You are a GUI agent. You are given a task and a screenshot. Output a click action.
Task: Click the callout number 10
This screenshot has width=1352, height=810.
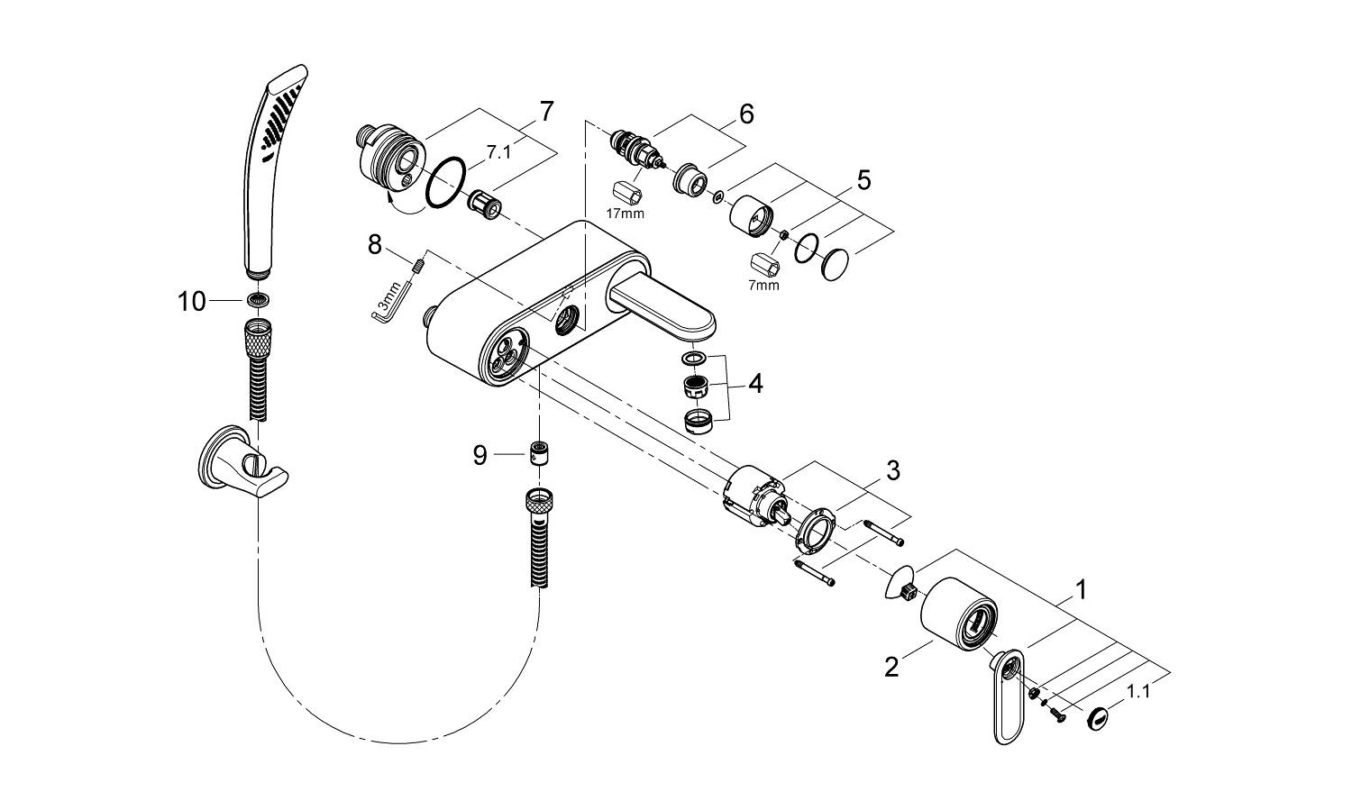point(192,302)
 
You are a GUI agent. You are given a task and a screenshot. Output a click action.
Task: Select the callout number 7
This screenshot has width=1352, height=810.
point(545,111)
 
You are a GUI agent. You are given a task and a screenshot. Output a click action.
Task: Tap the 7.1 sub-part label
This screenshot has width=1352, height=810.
point(498,153)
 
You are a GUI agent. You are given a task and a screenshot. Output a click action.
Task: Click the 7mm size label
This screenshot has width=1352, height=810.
point(763,286)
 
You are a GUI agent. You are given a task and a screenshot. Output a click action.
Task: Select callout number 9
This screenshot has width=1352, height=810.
point(480,456)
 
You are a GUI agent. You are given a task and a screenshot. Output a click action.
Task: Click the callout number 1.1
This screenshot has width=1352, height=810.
point(1139,691)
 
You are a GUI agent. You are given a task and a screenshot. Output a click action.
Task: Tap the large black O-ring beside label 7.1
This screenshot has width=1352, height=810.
point(444,184)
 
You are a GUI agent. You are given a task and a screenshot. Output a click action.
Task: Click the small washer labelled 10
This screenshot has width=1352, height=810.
point(259,301)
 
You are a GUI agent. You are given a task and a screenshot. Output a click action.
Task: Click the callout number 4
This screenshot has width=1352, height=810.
point(754,384)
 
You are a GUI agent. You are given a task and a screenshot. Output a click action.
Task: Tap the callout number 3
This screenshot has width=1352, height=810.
point(892,469)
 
